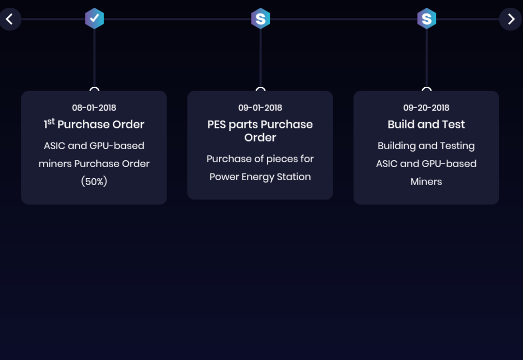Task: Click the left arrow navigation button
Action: pos(9,19)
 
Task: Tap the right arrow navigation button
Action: pos(511,19)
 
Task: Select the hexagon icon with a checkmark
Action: pos(94,19)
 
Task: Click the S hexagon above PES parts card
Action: pos(261,19)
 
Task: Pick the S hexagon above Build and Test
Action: pos(427,19)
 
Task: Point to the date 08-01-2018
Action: pos(94,108)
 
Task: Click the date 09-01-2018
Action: pos(260,108)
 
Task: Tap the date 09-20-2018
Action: pos(426,108)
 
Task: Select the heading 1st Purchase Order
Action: pos(94,125)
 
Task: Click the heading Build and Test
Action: pos(426,125)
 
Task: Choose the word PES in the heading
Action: pos(216,125)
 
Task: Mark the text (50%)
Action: pos(94,182)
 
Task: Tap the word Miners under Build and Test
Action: pos(426,182)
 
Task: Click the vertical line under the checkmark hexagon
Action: pos(94,58)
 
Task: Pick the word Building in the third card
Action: pos(397,146)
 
